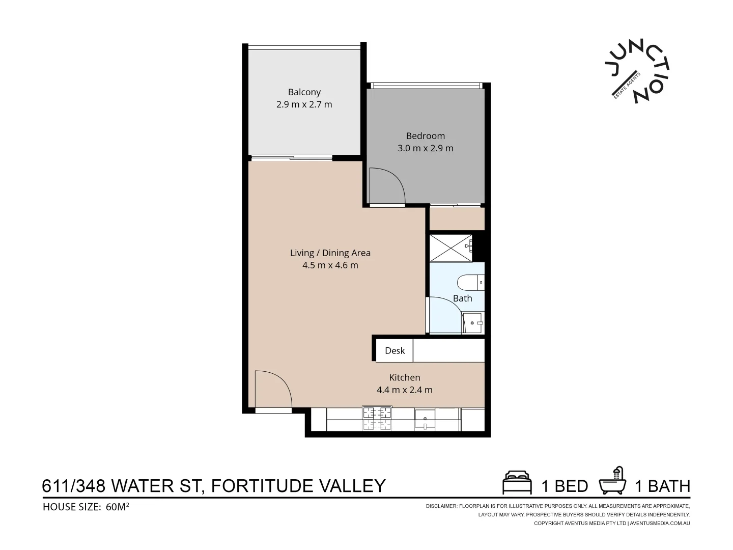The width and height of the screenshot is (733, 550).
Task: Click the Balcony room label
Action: (x=304, y=92)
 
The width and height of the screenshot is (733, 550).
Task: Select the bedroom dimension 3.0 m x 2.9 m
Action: (x=425, y=149)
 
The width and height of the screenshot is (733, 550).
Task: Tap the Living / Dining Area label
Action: (x=330, y=253)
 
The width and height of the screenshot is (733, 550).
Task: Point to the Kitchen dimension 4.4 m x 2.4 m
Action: (x=404, y=390)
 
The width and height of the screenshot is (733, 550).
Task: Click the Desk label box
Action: (x=394, y=350)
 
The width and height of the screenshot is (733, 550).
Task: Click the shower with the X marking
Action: (x=451, y=248)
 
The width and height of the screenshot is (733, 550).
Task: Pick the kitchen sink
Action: (x=425, y=420)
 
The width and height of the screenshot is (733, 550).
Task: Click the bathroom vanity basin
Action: (x=473, y=322)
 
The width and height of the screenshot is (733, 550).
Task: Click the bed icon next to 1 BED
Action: (x=517, y=483)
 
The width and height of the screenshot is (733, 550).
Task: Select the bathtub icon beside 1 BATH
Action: (x=613, y=481)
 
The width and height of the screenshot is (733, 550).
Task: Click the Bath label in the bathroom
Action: (x=462, y=298)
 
